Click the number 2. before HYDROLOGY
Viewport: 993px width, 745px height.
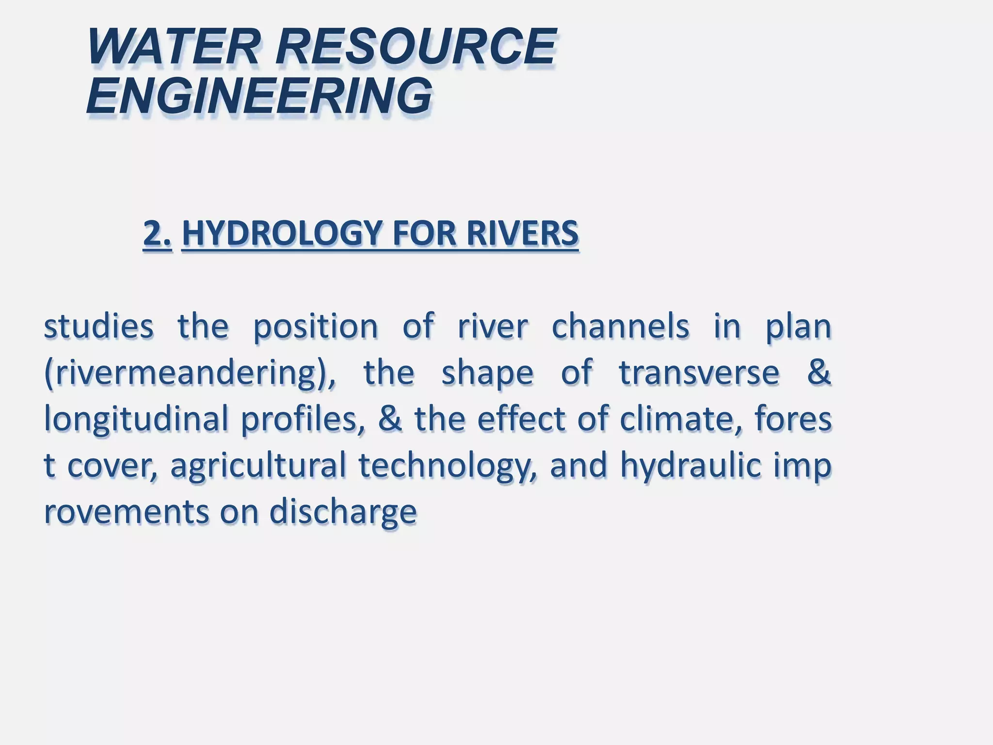click(158, 234)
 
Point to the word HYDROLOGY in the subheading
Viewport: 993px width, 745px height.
click(283, 234)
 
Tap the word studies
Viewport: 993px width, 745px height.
click(98, 326)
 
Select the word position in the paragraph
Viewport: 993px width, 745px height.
click(316, 327)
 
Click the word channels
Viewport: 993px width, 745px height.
click(620, 326)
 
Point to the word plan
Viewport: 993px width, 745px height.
click(798, 327)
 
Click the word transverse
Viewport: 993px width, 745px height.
click(699, 372)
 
